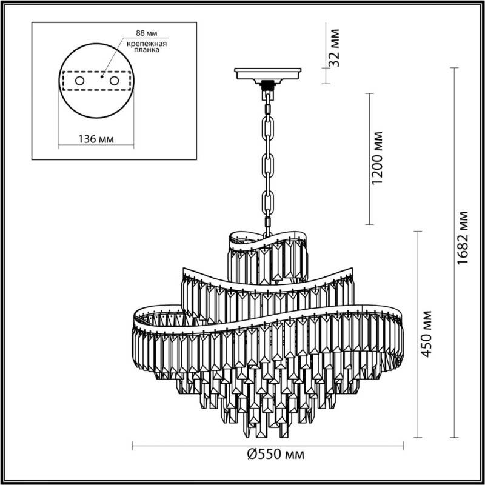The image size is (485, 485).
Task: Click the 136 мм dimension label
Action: [x=96, y=138]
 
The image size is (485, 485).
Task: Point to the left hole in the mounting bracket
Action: [x=79, y=80]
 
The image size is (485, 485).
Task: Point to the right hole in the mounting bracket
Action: [x=114, y=80]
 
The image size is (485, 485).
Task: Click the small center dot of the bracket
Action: [x=102, y=77]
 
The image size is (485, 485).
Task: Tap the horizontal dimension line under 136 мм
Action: [x=96, y=145]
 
